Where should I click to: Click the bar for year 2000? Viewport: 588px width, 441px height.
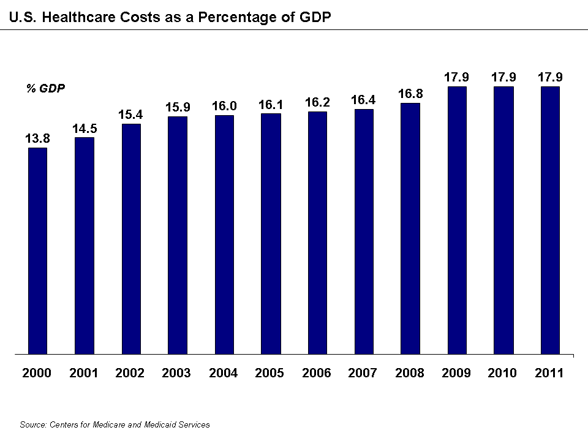click(x=37, y=251)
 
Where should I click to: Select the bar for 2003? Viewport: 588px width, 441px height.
click(x=177, y=235)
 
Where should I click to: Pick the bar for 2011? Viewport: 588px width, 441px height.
click(x=549, y=221)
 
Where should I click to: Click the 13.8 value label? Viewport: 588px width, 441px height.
click(x=37, y=139)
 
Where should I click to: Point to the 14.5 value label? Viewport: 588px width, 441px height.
click(x=84, y=129)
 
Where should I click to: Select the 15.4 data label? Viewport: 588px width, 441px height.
click(x=130, y=115)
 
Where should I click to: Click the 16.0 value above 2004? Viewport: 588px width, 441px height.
click(x=224, y=107)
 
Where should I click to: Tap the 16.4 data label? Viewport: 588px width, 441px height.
click(x=363, y=100)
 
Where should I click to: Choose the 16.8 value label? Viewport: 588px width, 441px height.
click(x=410, y=94)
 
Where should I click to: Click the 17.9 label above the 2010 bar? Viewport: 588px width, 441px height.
click(x=503, y=77)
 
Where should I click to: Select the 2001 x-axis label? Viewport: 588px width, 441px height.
click(x=84, y=373)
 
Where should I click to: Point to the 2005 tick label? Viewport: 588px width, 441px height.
click(x=270, y=373)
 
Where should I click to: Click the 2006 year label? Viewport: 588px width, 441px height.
click(x=317, y=373)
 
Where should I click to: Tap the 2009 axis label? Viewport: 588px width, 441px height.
click(x=456, y=373)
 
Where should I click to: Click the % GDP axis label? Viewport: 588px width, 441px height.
click(x=45, y=88)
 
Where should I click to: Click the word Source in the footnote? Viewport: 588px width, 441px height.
click(x=32, y=424)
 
